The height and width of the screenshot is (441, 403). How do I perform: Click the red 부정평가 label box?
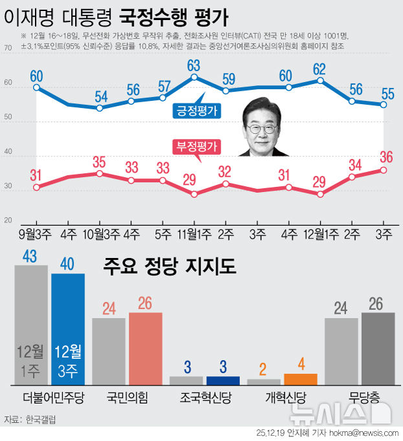[196, 147]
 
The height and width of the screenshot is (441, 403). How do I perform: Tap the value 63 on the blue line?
[194, 65]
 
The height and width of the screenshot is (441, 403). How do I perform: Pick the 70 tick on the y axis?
[8, 48]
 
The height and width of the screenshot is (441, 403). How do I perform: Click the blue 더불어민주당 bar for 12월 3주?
[68, 329]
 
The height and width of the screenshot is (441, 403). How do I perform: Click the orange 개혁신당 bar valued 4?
[300, 380]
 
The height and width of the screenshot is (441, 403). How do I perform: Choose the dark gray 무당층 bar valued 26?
[378, 349]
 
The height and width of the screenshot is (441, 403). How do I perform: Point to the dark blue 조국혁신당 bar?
[223, 381]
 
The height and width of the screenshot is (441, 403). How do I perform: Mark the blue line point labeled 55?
[384, 105]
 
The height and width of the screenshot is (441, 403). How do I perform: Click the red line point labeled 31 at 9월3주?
[36, 188]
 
